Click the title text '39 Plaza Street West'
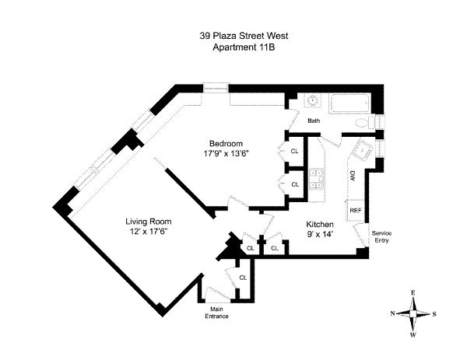[x=233, y=35]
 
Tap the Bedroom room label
[x=226, y=143]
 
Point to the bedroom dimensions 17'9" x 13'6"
[x=226, y=153]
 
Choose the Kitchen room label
[x=320, y=223]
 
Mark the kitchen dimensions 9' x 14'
[x=320, y=233]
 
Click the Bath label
[x=314, y=121]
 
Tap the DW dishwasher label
[x=353, y=176]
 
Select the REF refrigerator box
[x=355, y=210]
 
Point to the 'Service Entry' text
[x=382, y=236]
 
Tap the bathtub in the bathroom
[x=349, y=106]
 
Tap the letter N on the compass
[x=393, y=313]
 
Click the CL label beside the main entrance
[x=243, y=278]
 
